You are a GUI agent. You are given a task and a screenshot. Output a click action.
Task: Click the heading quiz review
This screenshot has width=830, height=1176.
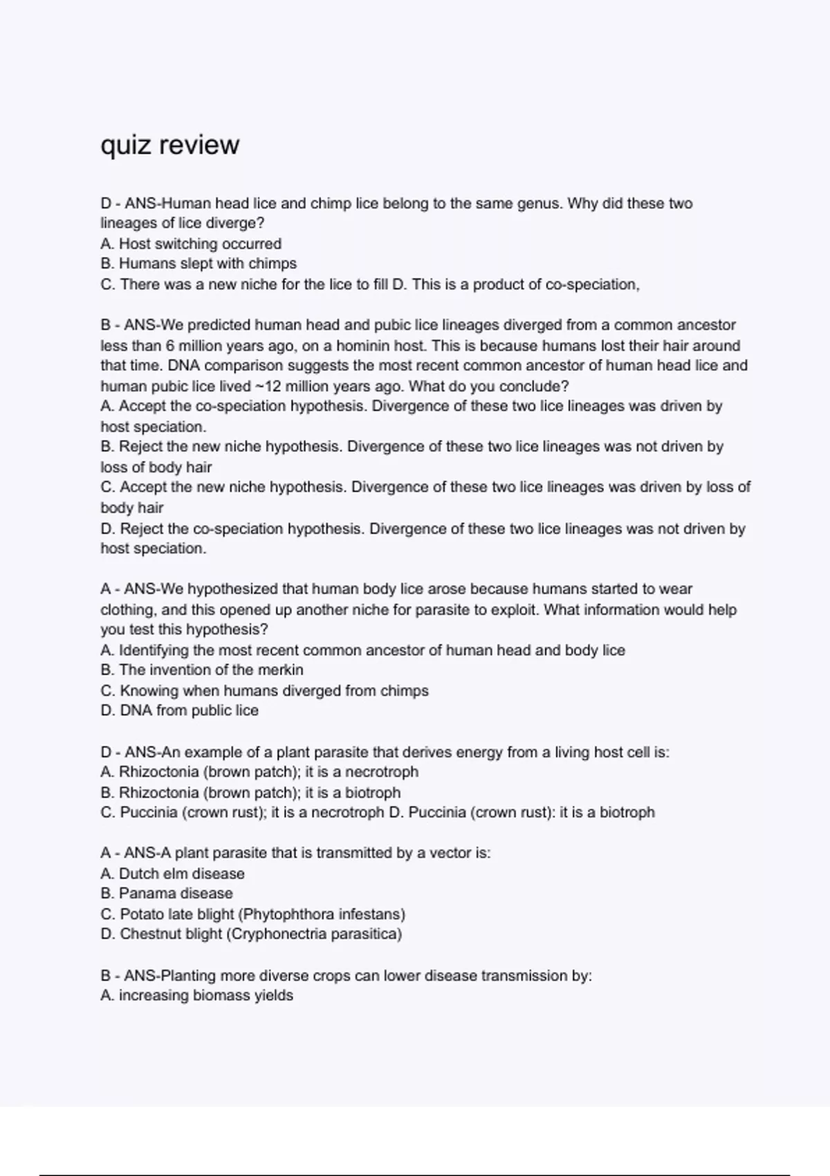(x=170, y=145)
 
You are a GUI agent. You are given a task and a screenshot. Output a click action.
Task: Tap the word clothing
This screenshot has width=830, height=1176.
(x=129, y=609)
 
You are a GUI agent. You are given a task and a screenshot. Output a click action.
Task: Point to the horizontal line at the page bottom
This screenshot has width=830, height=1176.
(x=415, y=1175)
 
